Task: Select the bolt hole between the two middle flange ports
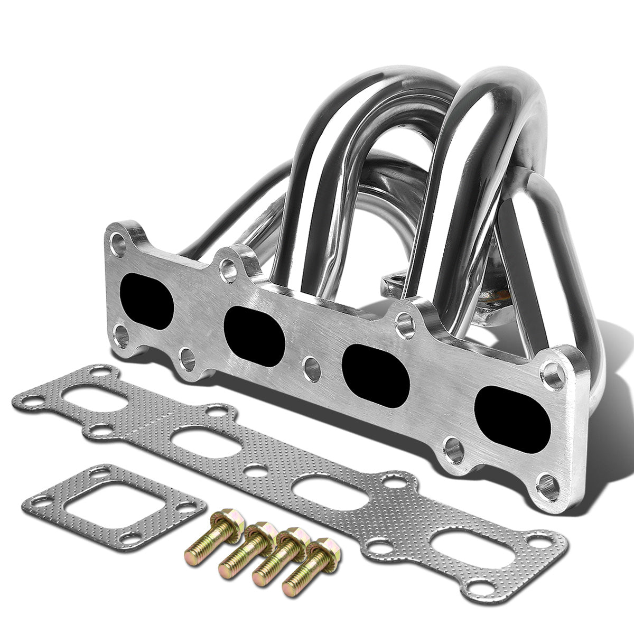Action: [312, 368]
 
